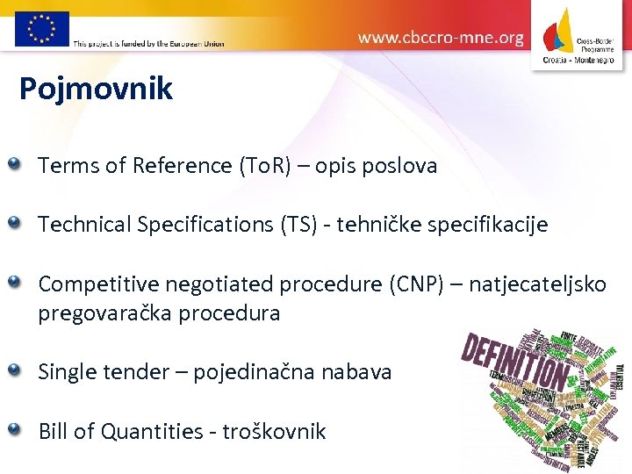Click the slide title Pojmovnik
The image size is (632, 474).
(97, 90)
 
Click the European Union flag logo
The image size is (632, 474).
(41, 28)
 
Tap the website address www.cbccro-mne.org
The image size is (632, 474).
(441, 38)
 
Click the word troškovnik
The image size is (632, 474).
(274, 432)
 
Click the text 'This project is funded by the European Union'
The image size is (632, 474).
(148, 43)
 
